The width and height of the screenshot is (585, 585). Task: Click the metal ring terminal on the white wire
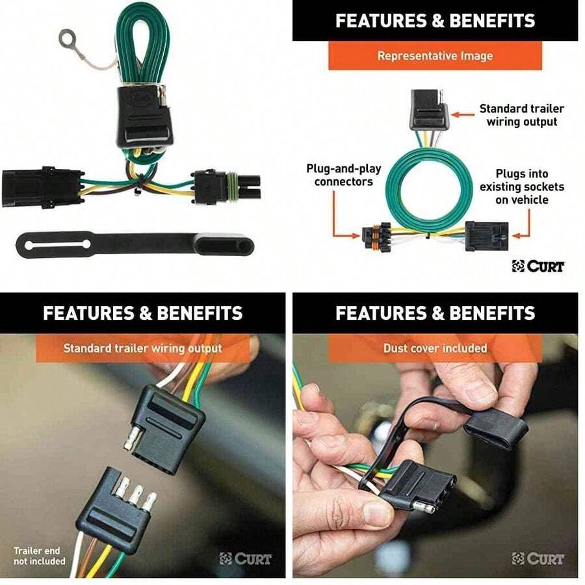(x=68, y=39)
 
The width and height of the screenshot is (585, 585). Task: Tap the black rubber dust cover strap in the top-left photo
(x=130, y=245)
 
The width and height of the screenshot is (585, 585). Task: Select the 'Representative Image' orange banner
(x=435, y=56)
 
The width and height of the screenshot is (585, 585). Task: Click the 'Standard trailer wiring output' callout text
(x=521, y=115)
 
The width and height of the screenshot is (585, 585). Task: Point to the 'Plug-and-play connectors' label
(x=343, y=175)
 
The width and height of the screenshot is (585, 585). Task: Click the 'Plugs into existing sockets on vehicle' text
(x=522, y=187)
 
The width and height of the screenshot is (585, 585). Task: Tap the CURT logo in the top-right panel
(x=538, y=266)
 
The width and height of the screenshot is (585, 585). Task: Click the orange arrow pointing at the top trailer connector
(x=463, y=114)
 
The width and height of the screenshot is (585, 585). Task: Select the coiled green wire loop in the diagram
(x=429, y=188)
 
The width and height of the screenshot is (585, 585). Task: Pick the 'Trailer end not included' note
(x=40, y=556)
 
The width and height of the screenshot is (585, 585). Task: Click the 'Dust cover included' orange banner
(x=435, y=348)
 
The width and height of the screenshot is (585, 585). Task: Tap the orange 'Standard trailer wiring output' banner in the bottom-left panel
(x=142, y=348)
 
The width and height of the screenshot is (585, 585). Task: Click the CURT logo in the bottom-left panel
(x=246, y=558)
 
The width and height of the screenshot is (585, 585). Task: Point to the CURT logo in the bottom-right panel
(x=538, y=558)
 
